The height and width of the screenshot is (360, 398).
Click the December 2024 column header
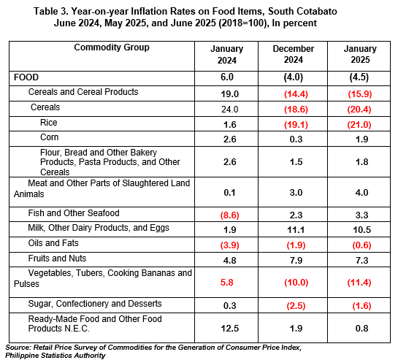pos(293,54)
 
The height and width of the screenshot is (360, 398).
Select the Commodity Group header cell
pos(112,47)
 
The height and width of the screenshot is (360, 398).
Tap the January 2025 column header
pos(360,54)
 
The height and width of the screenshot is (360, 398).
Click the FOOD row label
pos(26,77)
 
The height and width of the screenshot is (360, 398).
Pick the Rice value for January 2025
pos(359,125)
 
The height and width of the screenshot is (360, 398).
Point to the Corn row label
pos(49,137)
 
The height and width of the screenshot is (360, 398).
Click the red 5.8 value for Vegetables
pos(226,283)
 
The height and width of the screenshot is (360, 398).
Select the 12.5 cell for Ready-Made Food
pos(230,329)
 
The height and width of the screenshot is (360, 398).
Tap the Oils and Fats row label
pos(53,243)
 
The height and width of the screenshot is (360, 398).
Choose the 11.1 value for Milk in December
pos(296,230)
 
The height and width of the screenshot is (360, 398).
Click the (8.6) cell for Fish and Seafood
pos(229,215)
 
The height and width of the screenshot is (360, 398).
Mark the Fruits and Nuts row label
pos(57,258)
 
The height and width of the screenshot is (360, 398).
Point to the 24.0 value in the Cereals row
pos(230,110)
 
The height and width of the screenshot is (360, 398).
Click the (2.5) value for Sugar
pos(296,306)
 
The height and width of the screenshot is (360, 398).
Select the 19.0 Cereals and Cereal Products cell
pos(230,94)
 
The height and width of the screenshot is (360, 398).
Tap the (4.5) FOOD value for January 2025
pos(359,77)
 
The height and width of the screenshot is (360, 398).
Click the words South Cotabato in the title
pos(302,12)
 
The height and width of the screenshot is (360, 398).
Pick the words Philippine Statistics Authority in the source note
pos(56,356)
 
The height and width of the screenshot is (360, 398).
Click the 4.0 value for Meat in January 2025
pos(361,193)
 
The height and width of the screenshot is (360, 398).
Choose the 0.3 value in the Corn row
pos(296,139)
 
